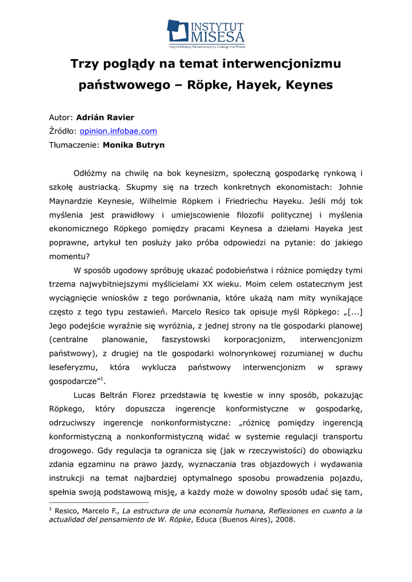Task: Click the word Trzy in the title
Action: coord(84,64)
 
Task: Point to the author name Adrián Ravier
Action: coord(105,118)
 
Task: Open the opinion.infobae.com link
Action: coord(118,131)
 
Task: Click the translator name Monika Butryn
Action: coord(134,145)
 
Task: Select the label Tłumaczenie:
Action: coord(74,145)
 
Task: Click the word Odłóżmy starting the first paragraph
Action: coord(94,173)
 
